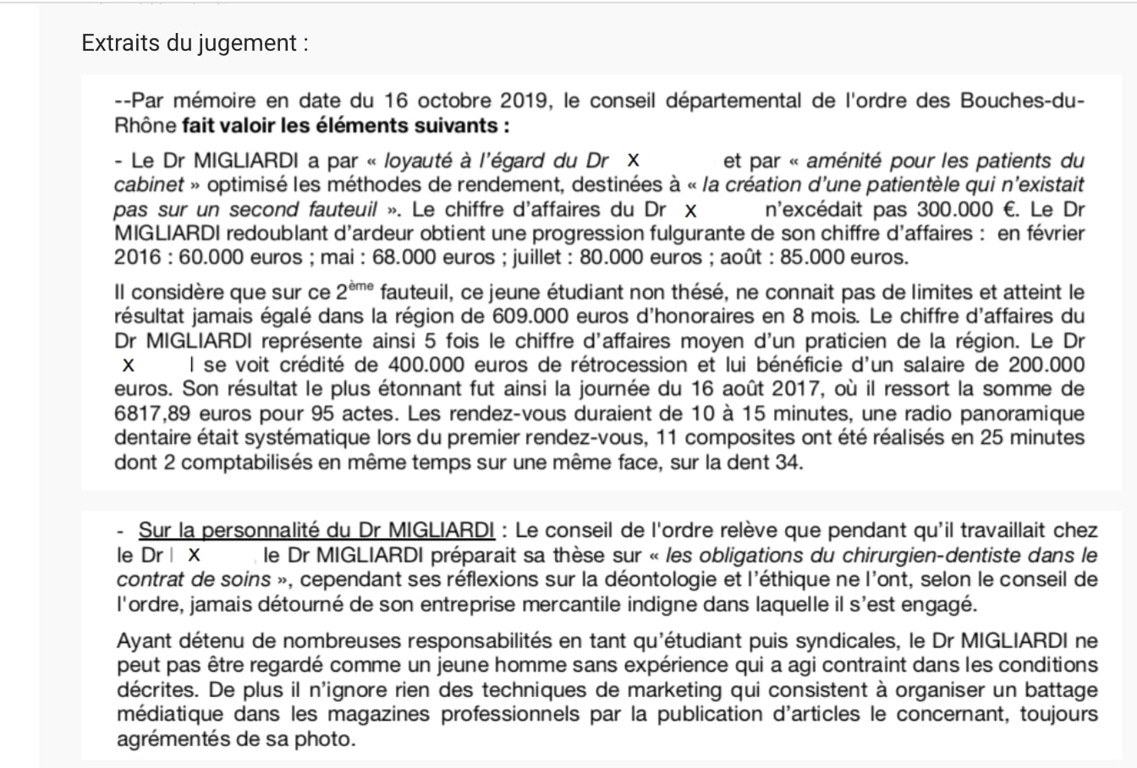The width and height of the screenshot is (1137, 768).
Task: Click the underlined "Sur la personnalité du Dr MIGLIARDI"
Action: (316, 531)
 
